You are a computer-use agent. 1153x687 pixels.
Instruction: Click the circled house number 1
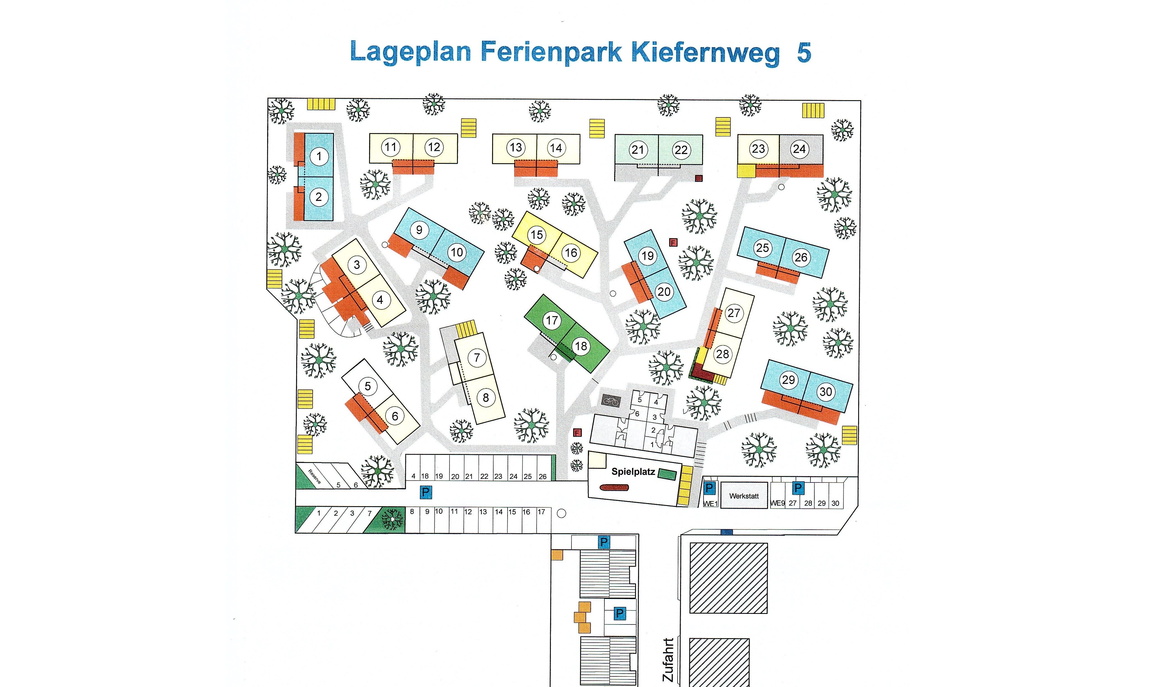click(x=319, y=156)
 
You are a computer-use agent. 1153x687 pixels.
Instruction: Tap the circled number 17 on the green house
click(x=551, y=320)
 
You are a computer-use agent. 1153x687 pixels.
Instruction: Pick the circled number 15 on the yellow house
click(x=537, y=235)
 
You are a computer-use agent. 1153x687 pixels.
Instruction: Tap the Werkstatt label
click(x=744, y=496)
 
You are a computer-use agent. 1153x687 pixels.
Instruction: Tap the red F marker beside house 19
click(x=674, y=242)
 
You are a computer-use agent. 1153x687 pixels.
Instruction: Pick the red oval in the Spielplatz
click(x=614, y=487)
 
